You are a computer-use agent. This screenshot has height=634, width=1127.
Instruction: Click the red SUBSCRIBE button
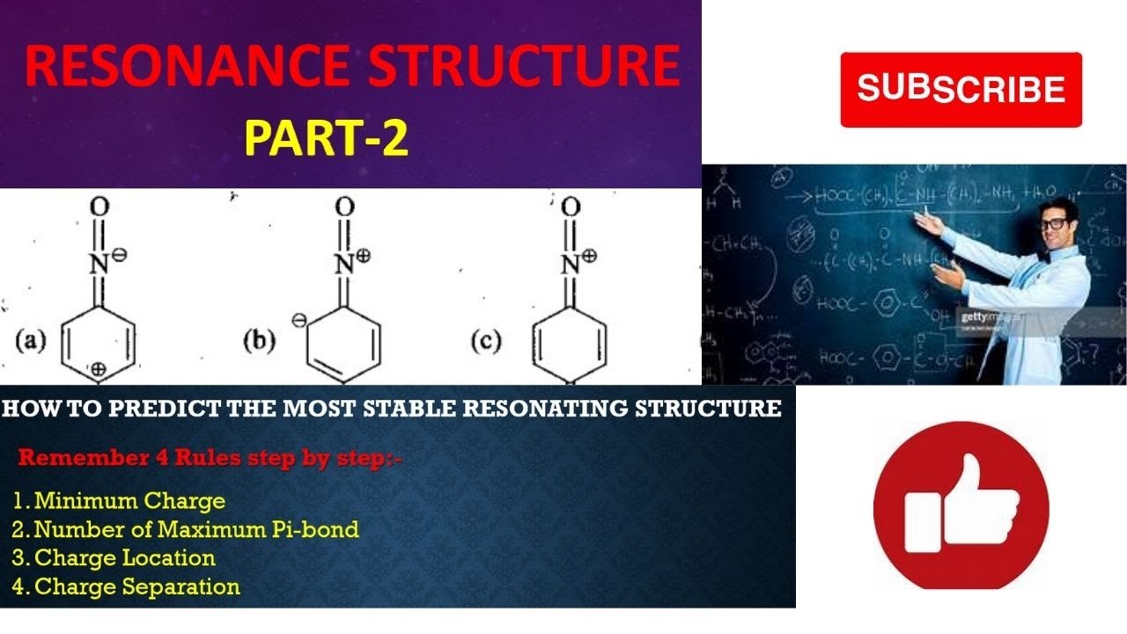point(961,90)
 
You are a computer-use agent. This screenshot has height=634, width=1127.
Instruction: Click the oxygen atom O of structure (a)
point(99,208)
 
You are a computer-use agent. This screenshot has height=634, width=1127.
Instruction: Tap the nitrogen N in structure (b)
point(343,262)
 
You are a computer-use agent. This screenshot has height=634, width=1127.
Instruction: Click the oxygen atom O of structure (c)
point(571,208)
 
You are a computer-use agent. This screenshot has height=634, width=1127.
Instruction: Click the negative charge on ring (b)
point(298,323)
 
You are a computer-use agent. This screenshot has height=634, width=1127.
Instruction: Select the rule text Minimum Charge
point(129,501)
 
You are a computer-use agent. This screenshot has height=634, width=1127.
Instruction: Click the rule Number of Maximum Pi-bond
point(196,529)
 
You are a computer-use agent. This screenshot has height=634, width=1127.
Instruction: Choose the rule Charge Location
point(124,557)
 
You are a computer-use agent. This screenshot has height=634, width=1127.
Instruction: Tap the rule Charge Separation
point(136,586)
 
